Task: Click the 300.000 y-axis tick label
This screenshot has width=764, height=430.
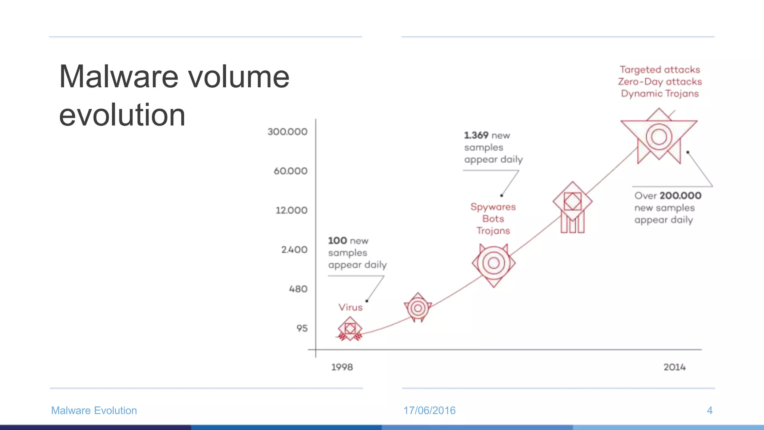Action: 287,132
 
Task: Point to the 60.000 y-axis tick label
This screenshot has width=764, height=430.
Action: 290,171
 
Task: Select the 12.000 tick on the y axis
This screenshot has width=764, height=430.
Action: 291,211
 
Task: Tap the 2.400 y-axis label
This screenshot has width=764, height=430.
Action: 294,250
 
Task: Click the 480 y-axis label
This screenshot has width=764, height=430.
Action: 298,289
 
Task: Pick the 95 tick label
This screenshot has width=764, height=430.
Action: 302,328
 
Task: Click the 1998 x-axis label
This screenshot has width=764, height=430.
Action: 342,367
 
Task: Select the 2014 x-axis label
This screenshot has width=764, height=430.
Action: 674,367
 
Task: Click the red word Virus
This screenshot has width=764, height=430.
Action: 350,307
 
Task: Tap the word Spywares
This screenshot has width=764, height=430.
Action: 493,207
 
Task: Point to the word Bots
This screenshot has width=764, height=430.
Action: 493,219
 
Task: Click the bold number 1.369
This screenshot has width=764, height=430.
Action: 476,135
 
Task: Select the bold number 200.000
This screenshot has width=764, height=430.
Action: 680,196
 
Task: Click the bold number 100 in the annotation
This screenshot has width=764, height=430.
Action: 337,241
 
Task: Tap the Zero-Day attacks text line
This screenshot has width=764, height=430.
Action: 660,82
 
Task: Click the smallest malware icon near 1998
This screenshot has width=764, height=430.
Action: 350,329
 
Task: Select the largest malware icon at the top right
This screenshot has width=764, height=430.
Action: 659,137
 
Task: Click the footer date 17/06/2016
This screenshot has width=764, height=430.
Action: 429,411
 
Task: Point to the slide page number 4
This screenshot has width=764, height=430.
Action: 710,411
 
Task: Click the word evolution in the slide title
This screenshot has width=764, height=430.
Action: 122,115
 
